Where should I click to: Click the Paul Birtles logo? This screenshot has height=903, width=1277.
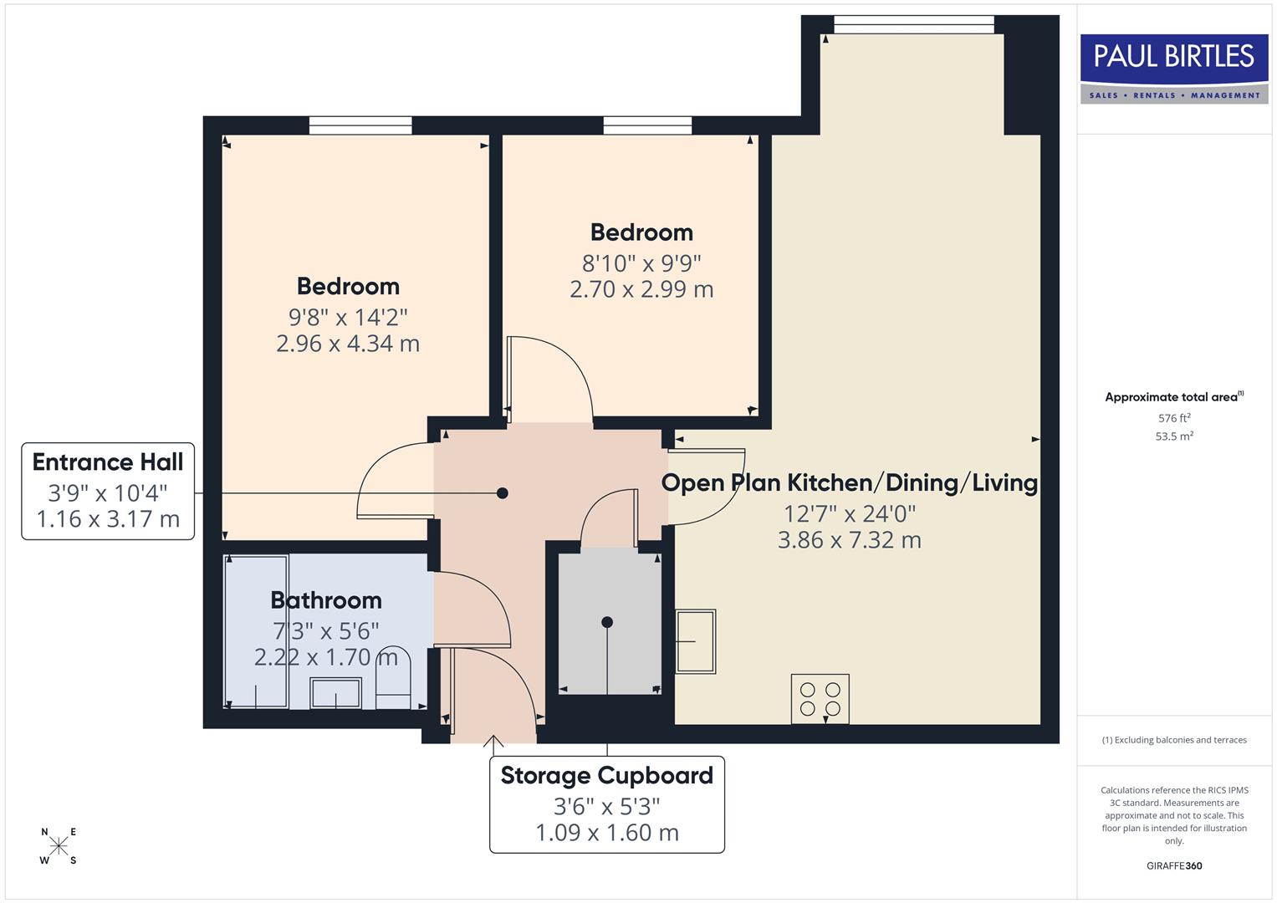[x=1173, y=69]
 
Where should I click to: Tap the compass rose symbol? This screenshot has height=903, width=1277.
[x=59, y=846]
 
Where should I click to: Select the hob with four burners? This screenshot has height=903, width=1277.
[x=820, y=699]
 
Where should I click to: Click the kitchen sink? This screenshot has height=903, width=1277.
[x=696, y=641]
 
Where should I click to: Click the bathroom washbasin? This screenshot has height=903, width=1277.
[x=335, y=693]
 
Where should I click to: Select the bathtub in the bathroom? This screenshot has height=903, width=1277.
[x=257, y=631]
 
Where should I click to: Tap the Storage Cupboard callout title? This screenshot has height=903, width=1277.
[x=606, y=776]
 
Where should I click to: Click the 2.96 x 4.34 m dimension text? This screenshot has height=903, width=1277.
[x=348, y=344]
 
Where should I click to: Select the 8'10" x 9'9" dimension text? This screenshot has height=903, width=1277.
[x=641, y=263]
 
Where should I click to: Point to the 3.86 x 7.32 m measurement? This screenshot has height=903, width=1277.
[x=849, y=540]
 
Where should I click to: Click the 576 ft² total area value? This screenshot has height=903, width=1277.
[x=1173, y=418]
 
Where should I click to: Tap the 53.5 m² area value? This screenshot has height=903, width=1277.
[x=1173, y=436]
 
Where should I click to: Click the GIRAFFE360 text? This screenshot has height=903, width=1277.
[x=1173, y=866]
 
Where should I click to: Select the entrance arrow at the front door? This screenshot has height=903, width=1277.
[x=493, y=742]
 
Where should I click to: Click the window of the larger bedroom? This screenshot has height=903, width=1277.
[x=360, y=125]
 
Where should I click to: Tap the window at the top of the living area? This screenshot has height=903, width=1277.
[x=914, y=25]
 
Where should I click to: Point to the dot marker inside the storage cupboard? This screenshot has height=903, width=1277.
[x=607, y=622]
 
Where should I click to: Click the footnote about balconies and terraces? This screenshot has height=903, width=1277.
[x=1173, y=740]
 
